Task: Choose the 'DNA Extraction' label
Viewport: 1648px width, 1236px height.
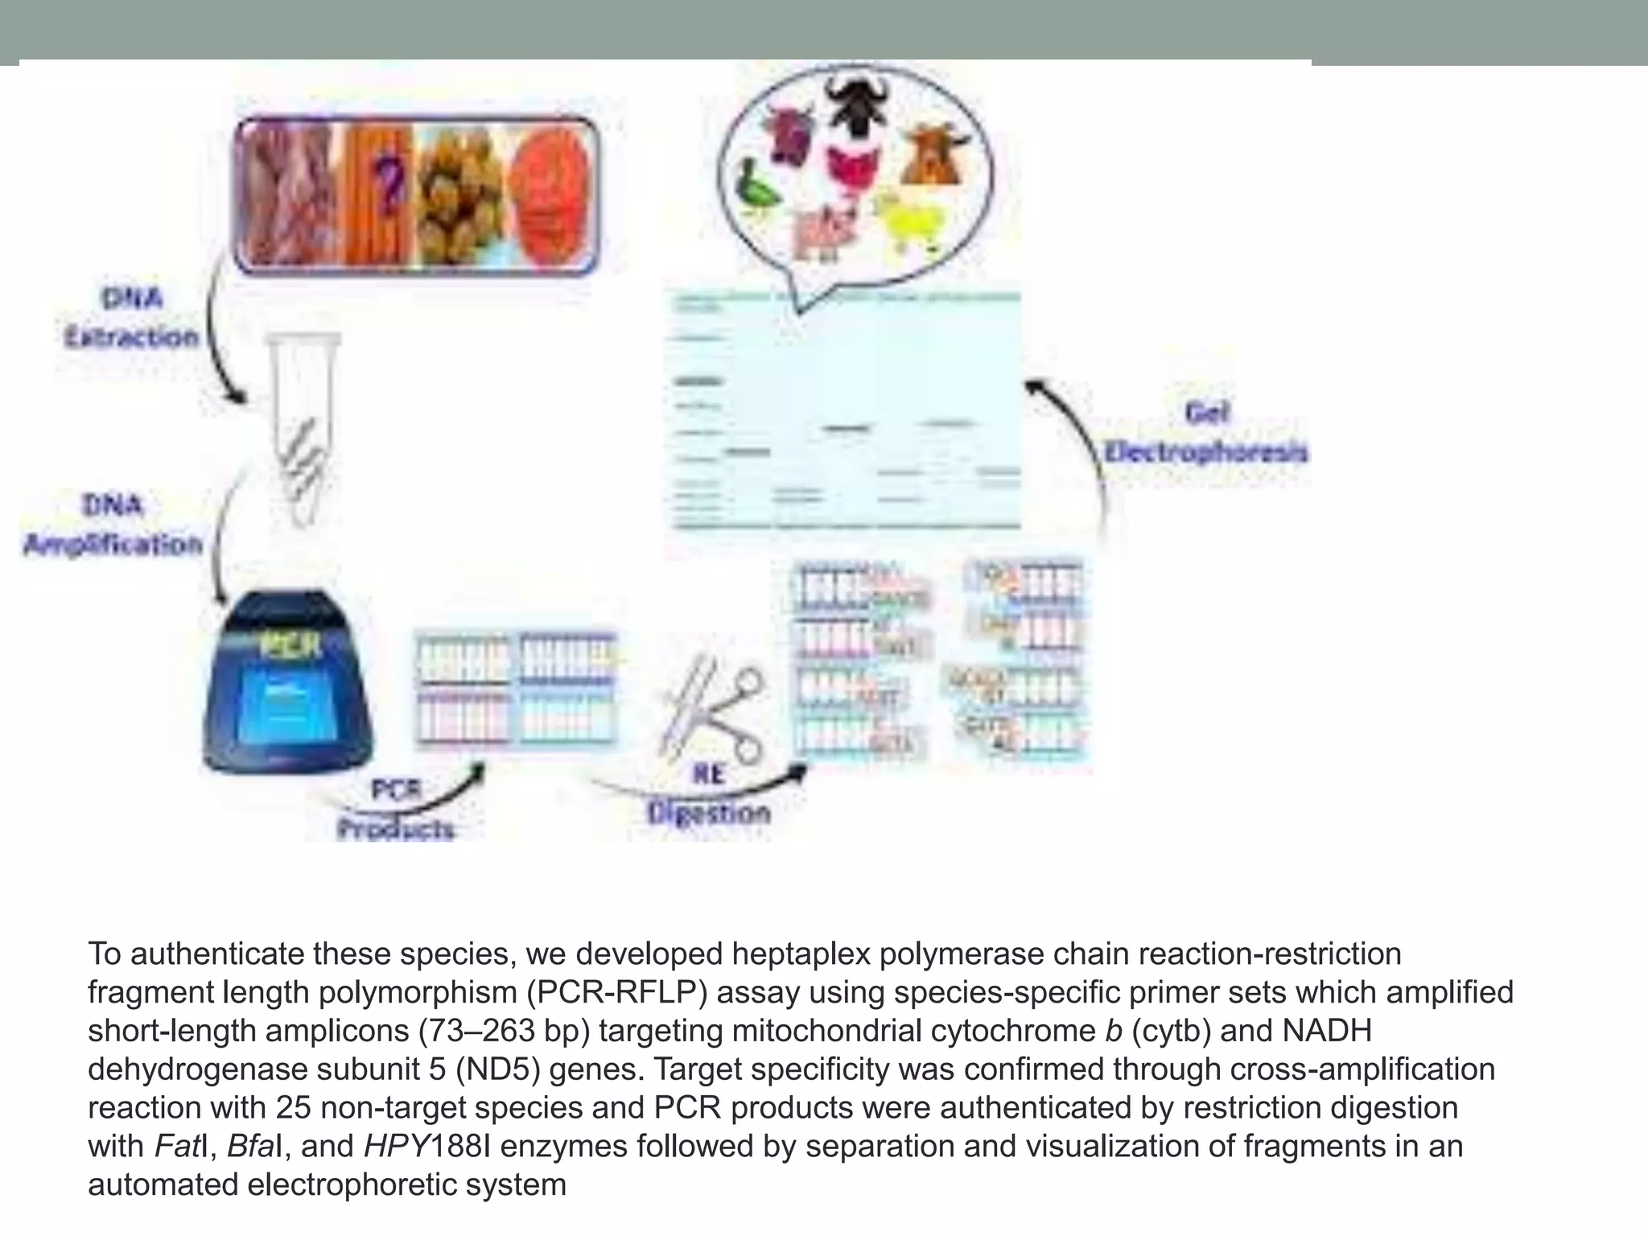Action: click(x=132, y=318)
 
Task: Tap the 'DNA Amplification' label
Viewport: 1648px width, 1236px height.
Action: click(x=113, y=525)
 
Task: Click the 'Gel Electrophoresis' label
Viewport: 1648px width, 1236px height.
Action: click(x=1205, y=433)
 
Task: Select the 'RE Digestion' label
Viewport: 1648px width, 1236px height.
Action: click(x=708, y=795)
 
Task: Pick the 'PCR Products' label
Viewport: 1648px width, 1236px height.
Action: click(x=395, y=810)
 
